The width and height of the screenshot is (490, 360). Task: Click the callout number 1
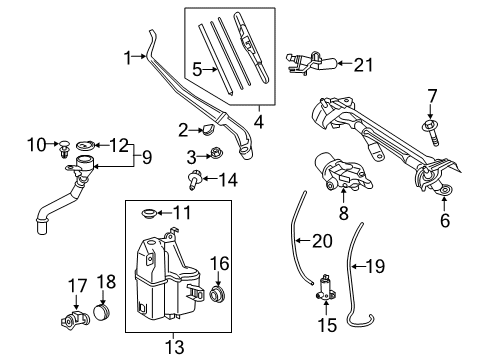point(127,58)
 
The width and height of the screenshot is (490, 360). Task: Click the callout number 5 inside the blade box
point(196,70)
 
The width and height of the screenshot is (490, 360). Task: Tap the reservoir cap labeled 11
point(152,214)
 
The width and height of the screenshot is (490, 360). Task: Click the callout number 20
point(320,241)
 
